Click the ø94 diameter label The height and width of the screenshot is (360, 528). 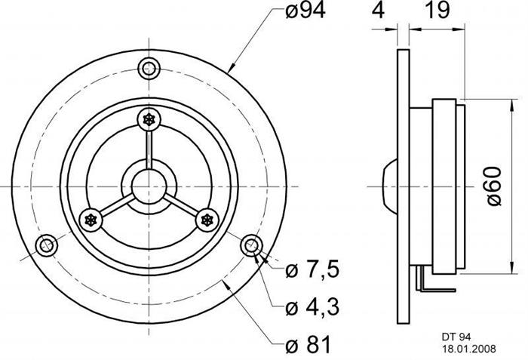pos(305,11)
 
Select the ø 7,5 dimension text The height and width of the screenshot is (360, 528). pos(312,269)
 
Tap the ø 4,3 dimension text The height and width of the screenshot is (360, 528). pos(312,307)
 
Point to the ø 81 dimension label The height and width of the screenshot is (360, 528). pos(308,344)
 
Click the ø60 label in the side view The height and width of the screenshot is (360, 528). pos(494,186)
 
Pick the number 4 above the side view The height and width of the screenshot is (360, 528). pos(378,10)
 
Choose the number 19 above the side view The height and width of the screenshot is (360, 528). pos(437,10)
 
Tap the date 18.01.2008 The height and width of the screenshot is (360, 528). pos(468,349)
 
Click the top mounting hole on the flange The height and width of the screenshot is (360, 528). pos(149,69)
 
